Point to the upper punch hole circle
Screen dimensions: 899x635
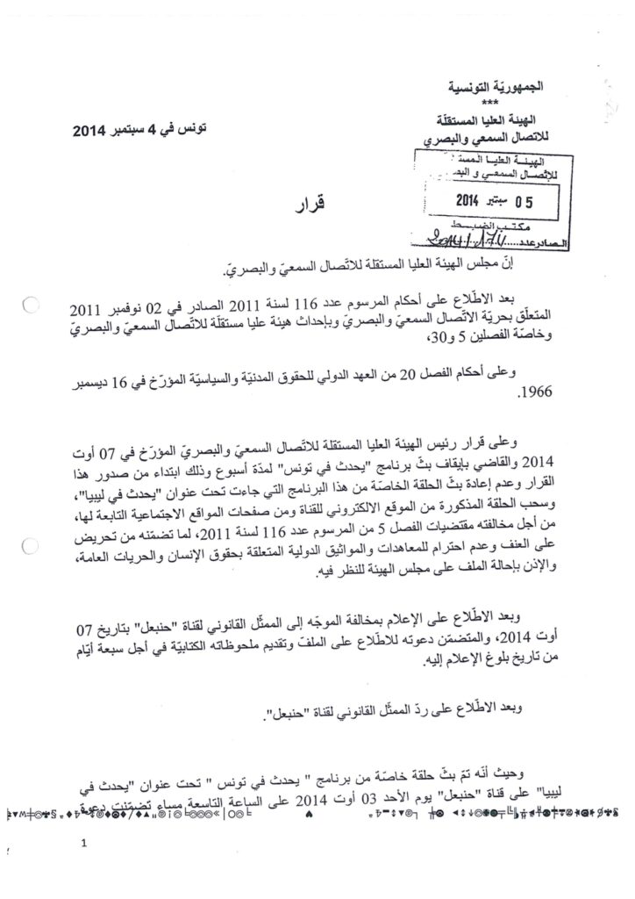coord(28,307)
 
